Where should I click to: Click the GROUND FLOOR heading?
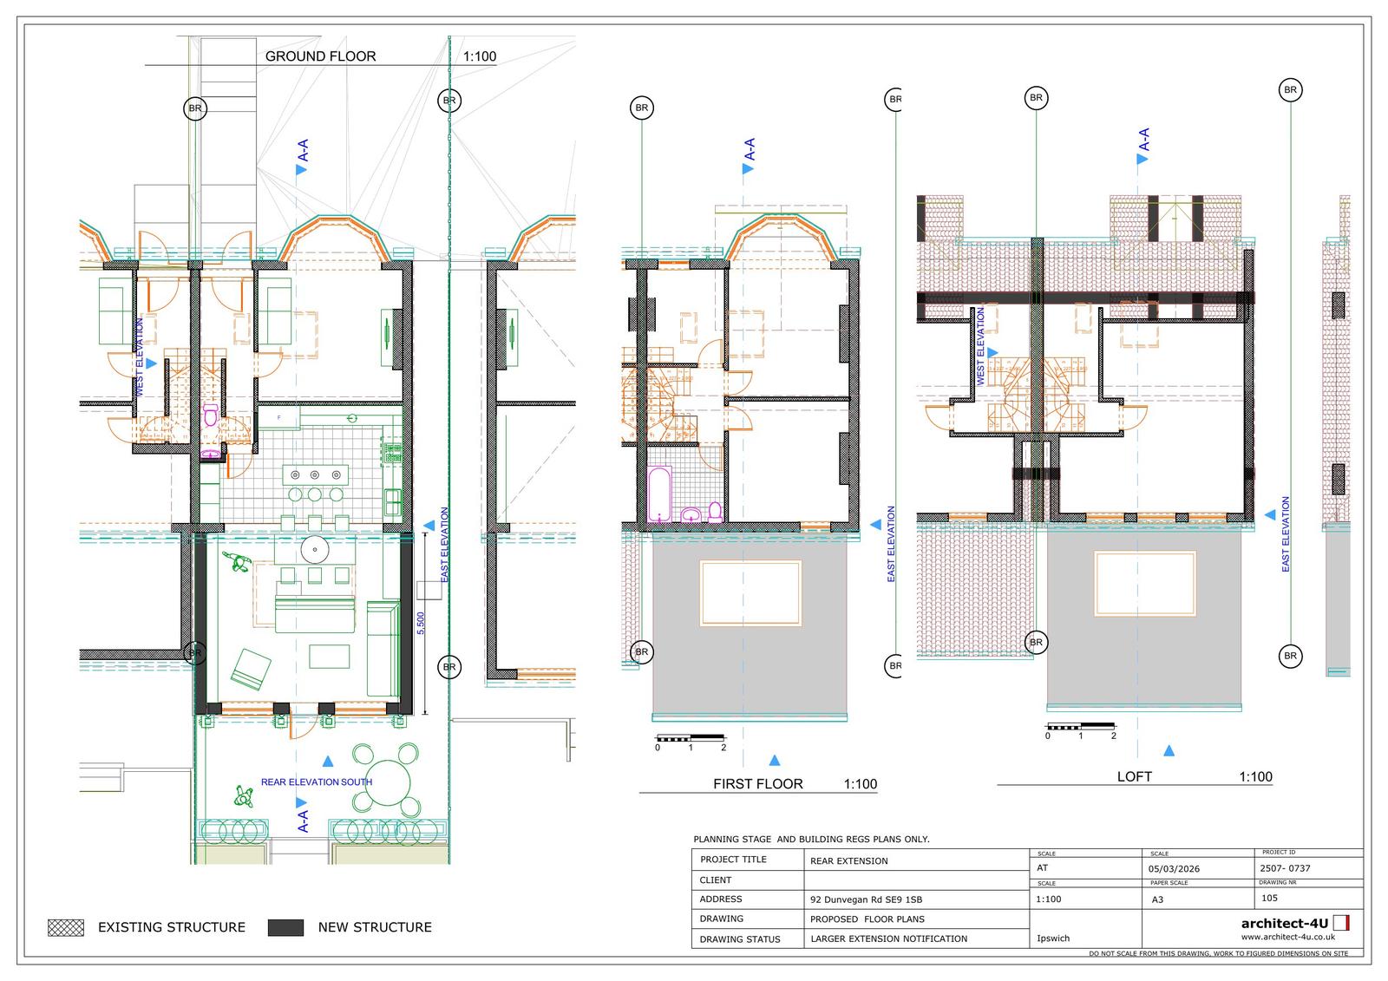(x=320, y=56)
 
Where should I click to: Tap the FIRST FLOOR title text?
(x=757, y=784)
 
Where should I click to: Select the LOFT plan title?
(x=1134, y=777)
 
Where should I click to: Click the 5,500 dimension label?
(x=422, y=624)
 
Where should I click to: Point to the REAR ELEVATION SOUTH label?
(x=316, y=782)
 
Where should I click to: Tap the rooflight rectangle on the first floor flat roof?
(x=750, y=593)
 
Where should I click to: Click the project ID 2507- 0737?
(x=1284, y=868)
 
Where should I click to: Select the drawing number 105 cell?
(x=1269, y=899)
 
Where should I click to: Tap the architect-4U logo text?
(x=1286, y=924)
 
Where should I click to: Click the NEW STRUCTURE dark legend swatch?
(x=285, y=927)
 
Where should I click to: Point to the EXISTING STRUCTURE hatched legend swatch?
(x=66, y=927)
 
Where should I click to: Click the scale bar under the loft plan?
(x=1080, y=726)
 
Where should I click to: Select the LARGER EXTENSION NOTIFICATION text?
(x=888, y=938)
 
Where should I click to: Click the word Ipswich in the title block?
(x=1052, y=938)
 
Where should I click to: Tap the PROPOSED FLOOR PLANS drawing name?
(x=867, y=919)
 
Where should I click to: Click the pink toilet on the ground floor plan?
(x=211, y=416)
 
